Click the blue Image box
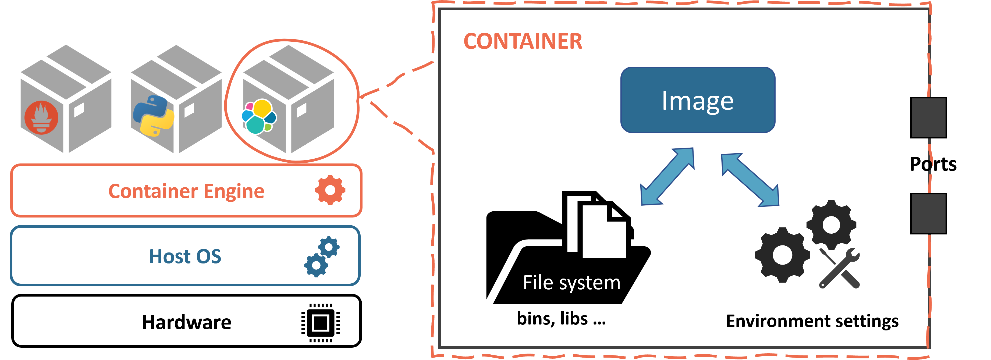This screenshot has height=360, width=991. coord(698,100)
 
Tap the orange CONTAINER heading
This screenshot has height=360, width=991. coord(523,41)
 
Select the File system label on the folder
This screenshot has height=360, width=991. coord(571,283)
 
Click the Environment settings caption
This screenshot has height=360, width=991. coord(812,321)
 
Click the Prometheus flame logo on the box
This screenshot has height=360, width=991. coord(41,117)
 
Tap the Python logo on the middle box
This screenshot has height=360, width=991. coord(153,115)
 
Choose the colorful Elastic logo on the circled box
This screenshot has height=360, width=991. coord(258,116)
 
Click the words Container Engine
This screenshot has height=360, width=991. coord(186,191)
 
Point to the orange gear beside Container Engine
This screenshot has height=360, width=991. coord(330,190)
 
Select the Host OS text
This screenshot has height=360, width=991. coord(185,256)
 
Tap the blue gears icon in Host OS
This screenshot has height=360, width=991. coord(322,256)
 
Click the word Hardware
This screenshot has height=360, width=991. coord(187,322)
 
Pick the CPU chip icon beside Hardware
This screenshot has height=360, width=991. coord(321,323)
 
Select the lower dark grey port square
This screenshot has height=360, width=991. coord(928,213)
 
